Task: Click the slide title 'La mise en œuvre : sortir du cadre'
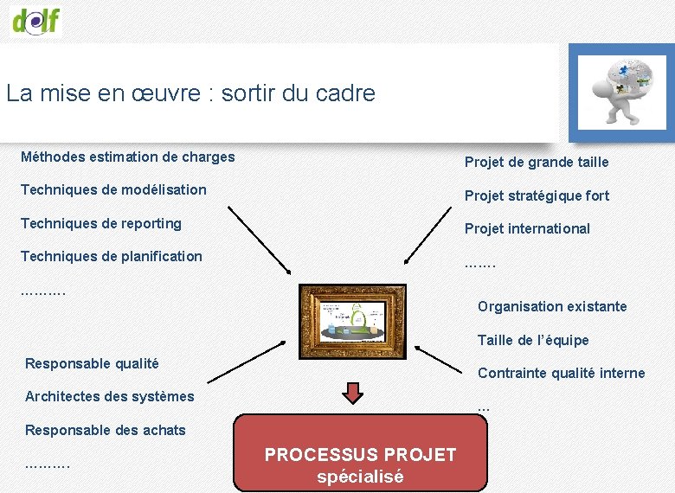(x=190, y=93)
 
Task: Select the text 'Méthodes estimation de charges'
(x=127, y=157)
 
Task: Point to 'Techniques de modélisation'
(x=113, y=189)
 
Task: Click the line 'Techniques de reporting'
(x=101, y=223)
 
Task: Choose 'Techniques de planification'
(x=111, y=256)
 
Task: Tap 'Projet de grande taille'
(x=537, y=162)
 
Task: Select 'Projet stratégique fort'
(x=537, y=195)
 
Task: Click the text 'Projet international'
(x=527, y=228)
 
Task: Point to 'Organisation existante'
(x=552, y=306)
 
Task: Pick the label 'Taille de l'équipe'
(x=533, y=340)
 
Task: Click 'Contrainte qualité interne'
(x=561, y=373)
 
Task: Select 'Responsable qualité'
(x=92, y=363)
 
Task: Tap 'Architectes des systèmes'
(x=110, y=396)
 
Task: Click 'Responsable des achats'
(x=106, y=430)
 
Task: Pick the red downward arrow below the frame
(x=353, y=393)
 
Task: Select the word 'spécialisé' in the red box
(x=360, y=476)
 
